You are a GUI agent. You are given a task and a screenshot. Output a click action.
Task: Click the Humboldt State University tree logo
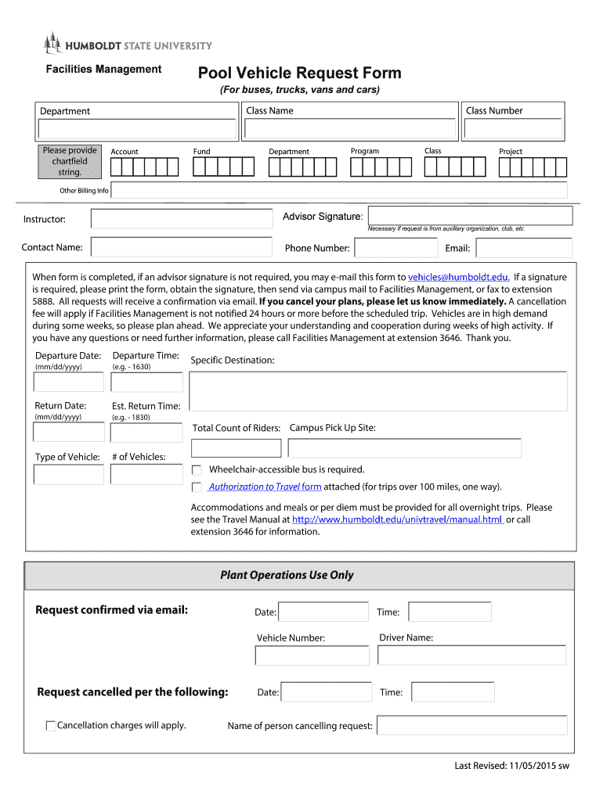52,43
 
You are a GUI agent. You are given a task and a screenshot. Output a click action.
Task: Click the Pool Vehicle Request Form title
299,74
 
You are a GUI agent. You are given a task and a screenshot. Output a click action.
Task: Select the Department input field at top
138,130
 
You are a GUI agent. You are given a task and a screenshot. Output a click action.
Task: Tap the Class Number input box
513,129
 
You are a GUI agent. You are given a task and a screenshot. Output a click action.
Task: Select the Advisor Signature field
470,216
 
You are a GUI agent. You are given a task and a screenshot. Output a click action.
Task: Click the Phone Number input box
395,248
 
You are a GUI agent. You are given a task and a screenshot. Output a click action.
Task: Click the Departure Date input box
68,382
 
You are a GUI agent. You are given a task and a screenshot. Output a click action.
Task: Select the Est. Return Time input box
146,433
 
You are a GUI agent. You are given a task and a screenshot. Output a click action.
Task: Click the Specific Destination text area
378,391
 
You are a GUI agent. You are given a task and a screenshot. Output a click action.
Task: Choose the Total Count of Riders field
236,448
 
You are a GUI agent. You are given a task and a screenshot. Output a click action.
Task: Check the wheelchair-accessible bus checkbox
197,470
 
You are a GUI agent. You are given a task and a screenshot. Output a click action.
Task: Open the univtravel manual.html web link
397,519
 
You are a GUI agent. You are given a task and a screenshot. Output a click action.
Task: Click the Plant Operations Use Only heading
287,575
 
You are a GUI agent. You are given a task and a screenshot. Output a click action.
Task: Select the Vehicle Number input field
312,656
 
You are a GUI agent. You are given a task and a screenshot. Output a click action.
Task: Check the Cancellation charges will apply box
51,726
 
